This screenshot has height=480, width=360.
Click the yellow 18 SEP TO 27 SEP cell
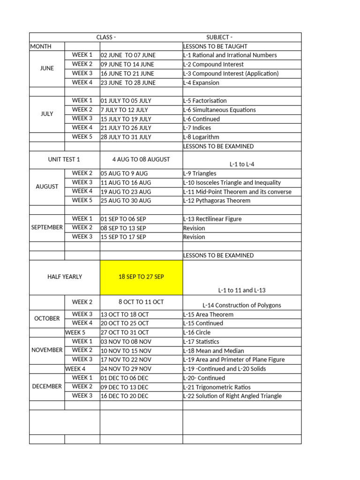click(141, 277)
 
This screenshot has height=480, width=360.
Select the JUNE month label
click(47, 68)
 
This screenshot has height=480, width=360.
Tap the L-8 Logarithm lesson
click(201, 137)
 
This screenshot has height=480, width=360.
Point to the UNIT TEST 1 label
click(64, 159)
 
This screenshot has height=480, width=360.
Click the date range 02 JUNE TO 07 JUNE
click(128, 55)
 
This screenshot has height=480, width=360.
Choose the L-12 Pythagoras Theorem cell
click(217, 201)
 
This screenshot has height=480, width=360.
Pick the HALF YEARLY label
click(65, 277)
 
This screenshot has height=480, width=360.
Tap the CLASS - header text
click(106, 37)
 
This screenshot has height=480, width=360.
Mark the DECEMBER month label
click(47, 387)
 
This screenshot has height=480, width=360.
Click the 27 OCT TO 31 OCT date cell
click(125, 332)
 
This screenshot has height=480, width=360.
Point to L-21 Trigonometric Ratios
click(217, 387)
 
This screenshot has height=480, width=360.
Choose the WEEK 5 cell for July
click(82, 137)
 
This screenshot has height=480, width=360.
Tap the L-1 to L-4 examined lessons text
click(242, 165)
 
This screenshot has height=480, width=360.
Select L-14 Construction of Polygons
click(242, 306)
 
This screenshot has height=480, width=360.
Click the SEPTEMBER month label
click(47, 227)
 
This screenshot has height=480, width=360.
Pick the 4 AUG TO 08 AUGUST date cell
click(141, 159)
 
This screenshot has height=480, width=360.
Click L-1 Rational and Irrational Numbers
click(230, 55)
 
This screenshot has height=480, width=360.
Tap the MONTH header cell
click(41, 46)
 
